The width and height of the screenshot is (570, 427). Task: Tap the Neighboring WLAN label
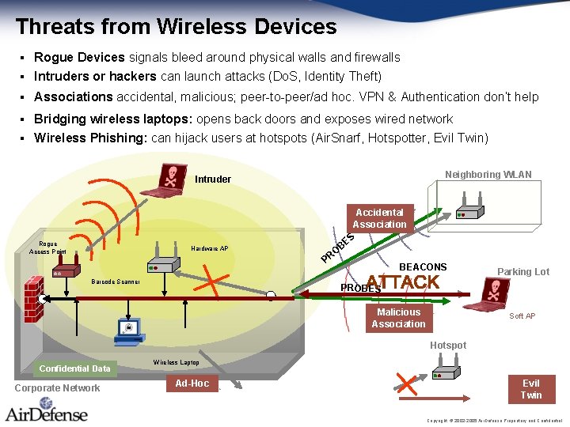click(x=488, y=174)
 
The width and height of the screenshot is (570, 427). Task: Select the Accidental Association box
click(x=379, y=218)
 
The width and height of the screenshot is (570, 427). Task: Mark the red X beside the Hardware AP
click(x=214, y=280)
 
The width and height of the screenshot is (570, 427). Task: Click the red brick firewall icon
click(x=33, y=300)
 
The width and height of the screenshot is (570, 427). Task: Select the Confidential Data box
click(x=75, y=368)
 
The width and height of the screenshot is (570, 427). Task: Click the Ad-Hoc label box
click(x=192, y=384)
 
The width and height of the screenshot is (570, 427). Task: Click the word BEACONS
click(x=423, y=267)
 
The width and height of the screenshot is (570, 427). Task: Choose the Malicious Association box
click(x=398, y=318)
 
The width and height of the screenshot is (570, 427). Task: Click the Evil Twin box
click(x=530, y=389)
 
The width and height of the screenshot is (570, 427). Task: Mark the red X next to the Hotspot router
click(x=406, y=384)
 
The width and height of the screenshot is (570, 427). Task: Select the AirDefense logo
click(x=47, y=412)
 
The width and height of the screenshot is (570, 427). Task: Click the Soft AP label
click(x=522, y=316)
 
